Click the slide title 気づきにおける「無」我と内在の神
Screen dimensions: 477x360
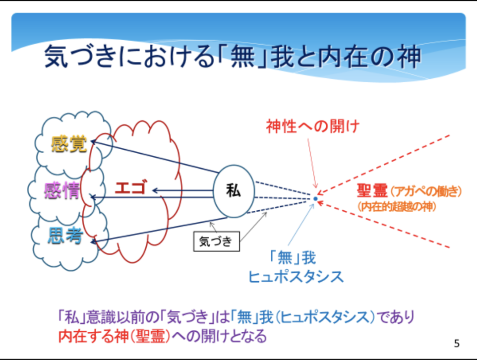pyautogui.click(x=233, y=57)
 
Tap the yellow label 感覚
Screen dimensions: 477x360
pyautogui.click(x=69, y=144)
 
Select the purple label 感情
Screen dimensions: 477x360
pyautogui.click(x=62, y=190)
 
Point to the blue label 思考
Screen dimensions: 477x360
pyautogui.click(x=65, y=236)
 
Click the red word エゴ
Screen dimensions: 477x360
pyautogui.click(x=131, y=187)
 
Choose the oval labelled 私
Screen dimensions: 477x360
pyautogui.click(x=234, y=191)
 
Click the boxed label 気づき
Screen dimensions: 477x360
pyautogui.click(x=216, y=241)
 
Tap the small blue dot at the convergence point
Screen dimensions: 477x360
pyautogui.click(x=315, y=199)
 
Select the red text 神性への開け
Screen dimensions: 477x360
pyautogui.click(x=313, y=126)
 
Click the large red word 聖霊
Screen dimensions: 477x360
pyautogui.click(x=372, y=191)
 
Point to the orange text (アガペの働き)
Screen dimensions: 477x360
pyautogui.click(x=426, y=191)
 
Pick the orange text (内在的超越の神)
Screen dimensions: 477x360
pyautogui.click(x=397, y=207)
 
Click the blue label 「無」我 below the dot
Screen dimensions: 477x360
pyautogui.click(x=293, y=258)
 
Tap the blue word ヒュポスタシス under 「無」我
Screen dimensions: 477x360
pyautogui.click(x=296, y=277)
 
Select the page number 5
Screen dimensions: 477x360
pyautogui.click(x=457, y=343)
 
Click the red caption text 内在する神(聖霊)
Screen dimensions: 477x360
pyautogui.click(x=115, y=337)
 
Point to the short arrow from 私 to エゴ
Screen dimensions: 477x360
pyautogui.click(x=182, y=191)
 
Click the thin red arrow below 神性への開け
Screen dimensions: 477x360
pyautogui.click(x=312, y=163)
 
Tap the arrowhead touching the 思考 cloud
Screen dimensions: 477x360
pyautogui.click(x=94, y=241)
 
